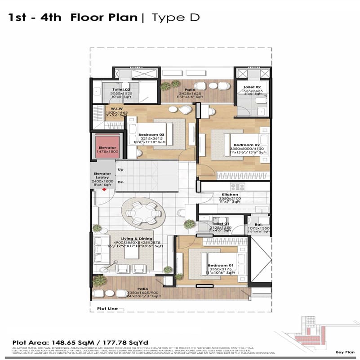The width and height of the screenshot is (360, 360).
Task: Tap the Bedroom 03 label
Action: tap(152, 135)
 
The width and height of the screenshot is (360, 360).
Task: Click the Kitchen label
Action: tap(230, 195)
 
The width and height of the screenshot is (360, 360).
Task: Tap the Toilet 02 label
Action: tap(252, 87)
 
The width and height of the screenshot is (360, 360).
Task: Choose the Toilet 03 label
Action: tap(121, 89)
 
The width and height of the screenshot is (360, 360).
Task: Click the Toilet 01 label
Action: tap(220, 223)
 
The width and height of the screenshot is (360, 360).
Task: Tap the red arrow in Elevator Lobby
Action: tap(104, 189)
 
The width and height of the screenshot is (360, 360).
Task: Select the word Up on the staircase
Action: tap(120, 169)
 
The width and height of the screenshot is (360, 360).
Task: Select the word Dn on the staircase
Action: tap(120, 182)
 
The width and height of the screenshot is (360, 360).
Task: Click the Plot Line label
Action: tap(107, 309)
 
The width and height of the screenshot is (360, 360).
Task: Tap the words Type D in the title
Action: tap(175, 18)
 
